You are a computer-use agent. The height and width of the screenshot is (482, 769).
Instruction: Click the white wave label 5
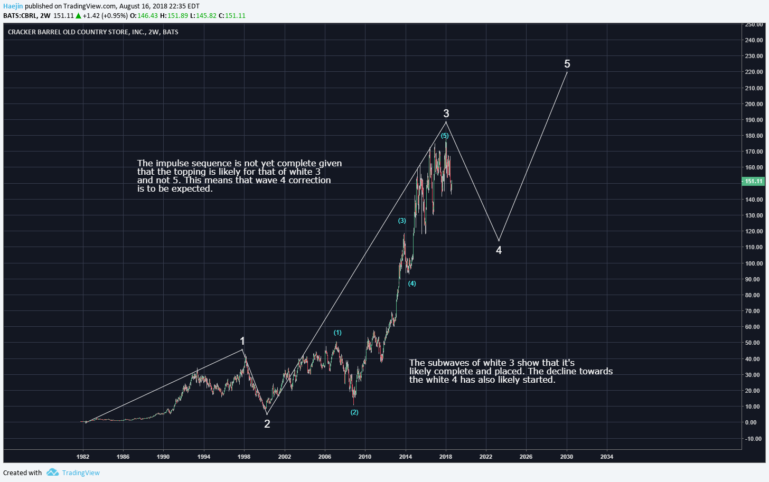coord(567,64)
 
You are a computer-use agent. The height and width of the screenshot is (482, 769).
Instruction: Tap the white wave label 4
coord(499,250)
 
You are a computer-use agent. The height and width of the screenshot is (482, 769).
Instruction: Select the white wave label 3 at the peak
coord(446,114)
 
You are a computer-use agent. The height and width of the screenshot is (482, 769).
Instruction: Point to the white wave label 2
coord(267,424)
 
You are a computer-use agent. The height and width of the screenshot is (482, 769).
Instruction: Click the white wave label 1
coord(242,341)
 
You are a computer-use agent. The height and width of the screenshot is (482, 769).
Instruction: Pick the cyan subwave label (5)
coord(445,136)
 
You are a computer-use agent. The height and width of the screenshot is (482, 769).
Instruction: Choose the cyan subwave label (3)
coord(402,221)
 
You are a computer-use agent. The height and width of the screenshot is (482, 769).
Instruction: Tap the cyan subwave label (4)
coord(412,283)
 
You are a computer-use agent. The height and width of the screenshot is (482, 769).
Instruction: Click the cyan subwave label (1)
coord(337,333)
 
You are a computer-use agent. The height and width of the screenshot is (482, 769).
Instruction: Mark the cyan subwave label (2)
coord(354,412)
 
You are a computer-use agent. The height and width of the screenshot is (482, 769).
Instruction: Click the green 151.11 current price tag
coord(753,181)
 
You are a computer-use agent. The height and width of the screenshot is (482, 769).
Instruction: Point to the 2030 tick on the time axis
coord(566,457)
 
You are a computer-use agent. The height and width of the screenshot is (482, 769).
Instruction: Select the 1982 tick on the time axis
coord(83,457)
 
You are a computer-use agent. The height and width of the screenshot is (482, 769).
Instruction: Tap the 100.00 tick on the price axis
coord(754,263)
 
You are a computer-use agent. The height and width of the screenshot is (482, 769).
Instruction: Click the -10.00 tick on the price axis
coord(753,439)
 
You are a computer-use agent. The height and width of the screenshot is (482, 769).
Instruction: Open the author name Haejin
coord(13,6)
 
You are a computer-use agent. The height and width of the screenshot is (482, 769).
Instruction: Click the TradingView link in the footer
coord(80,472)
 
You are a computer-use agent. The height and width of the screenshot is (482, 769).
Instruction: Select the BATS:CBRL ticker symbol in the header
coord(20,15)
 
